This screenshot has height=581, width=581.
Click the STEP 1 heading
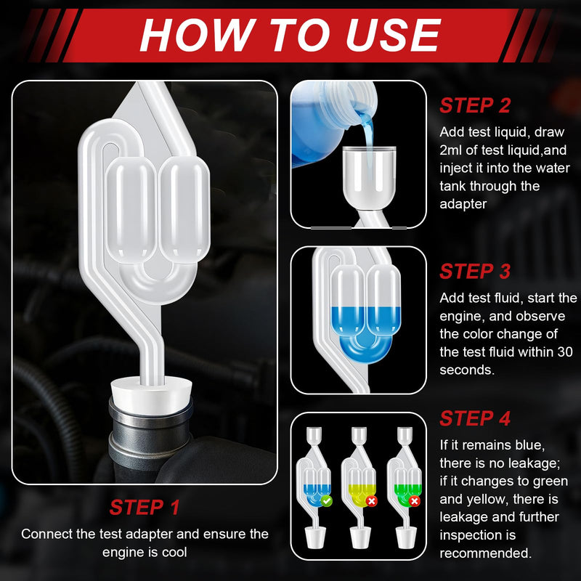(x=145, y=507)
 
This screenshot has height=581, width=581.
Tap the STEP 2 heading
(x=475, y=105)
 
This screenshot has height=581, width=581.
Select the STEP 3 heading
(x=475, y=271)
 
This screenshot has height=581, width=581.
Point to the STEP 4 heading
(x=475, y=418)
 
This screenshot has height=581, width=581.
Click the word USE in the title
(x=393, y=34)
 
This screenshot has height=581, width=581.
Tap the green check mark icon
(x=326, y=501)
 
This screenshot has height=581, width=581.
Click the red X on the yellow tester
(x=371, y=501)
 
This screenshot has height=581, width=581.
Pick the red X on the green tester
(x=415, y=501)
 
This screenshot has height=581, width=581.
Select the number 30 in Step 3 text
(x=565, y=352)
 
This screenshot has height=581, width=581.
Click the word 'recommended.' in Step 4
(x=486, y=553)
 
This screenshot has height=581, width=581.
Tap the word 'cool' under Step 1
(x=174, y=552)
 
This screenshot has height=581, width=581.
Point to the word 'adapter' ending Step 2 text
(x=463, y=204)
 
